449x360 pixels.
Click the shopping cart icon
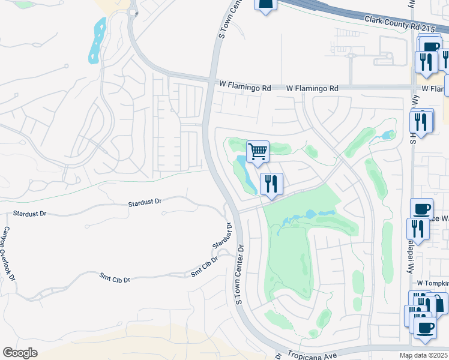(258, 152)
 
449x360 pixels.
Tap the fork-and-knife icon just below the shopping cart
(271, 184)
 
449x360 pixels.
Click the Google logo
(20, 353)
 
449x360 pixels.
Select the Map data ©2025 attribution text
(424, 355)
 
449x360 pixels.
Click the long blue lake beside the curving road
(97, 40)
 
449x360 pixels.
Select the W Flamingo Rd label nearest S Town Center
(244, 88)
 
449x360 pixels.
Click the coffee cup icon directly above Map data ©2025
(425, 328)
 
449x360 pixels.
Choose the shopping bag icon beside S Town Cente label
(265, 4)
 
